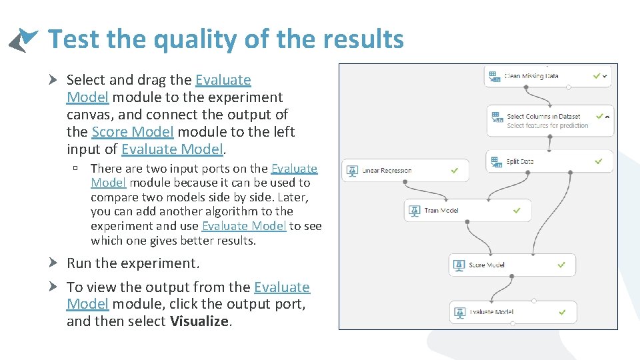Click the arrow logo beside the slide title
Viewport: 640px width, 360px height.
pyautogui.click(x=23, y=39)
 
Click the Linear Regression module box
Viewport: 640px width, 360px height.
pyautogui.click(x=405, y=171)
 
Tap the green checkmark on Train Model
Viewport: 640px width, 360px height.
pyautogui.click(x=517, y=211)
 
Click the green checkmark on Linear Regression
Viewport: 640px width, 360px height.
pyautogui.click(x=454, y=171)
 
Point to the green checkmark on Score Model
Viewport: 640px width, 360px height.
pyautogui.click(x=561, y=265)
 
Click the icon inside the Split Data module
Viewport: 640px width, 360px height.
pyautogui.click(x=496, y=161)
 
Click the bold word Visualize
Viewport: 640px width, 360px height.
pyautogui.click(x=199, y=322)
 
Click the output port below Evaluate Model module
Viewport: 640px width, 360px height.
pyautogui.click(x=513, y=323)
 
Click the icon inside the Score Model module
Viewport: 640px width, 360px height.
pyautogui.click(x=458, y=265)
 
